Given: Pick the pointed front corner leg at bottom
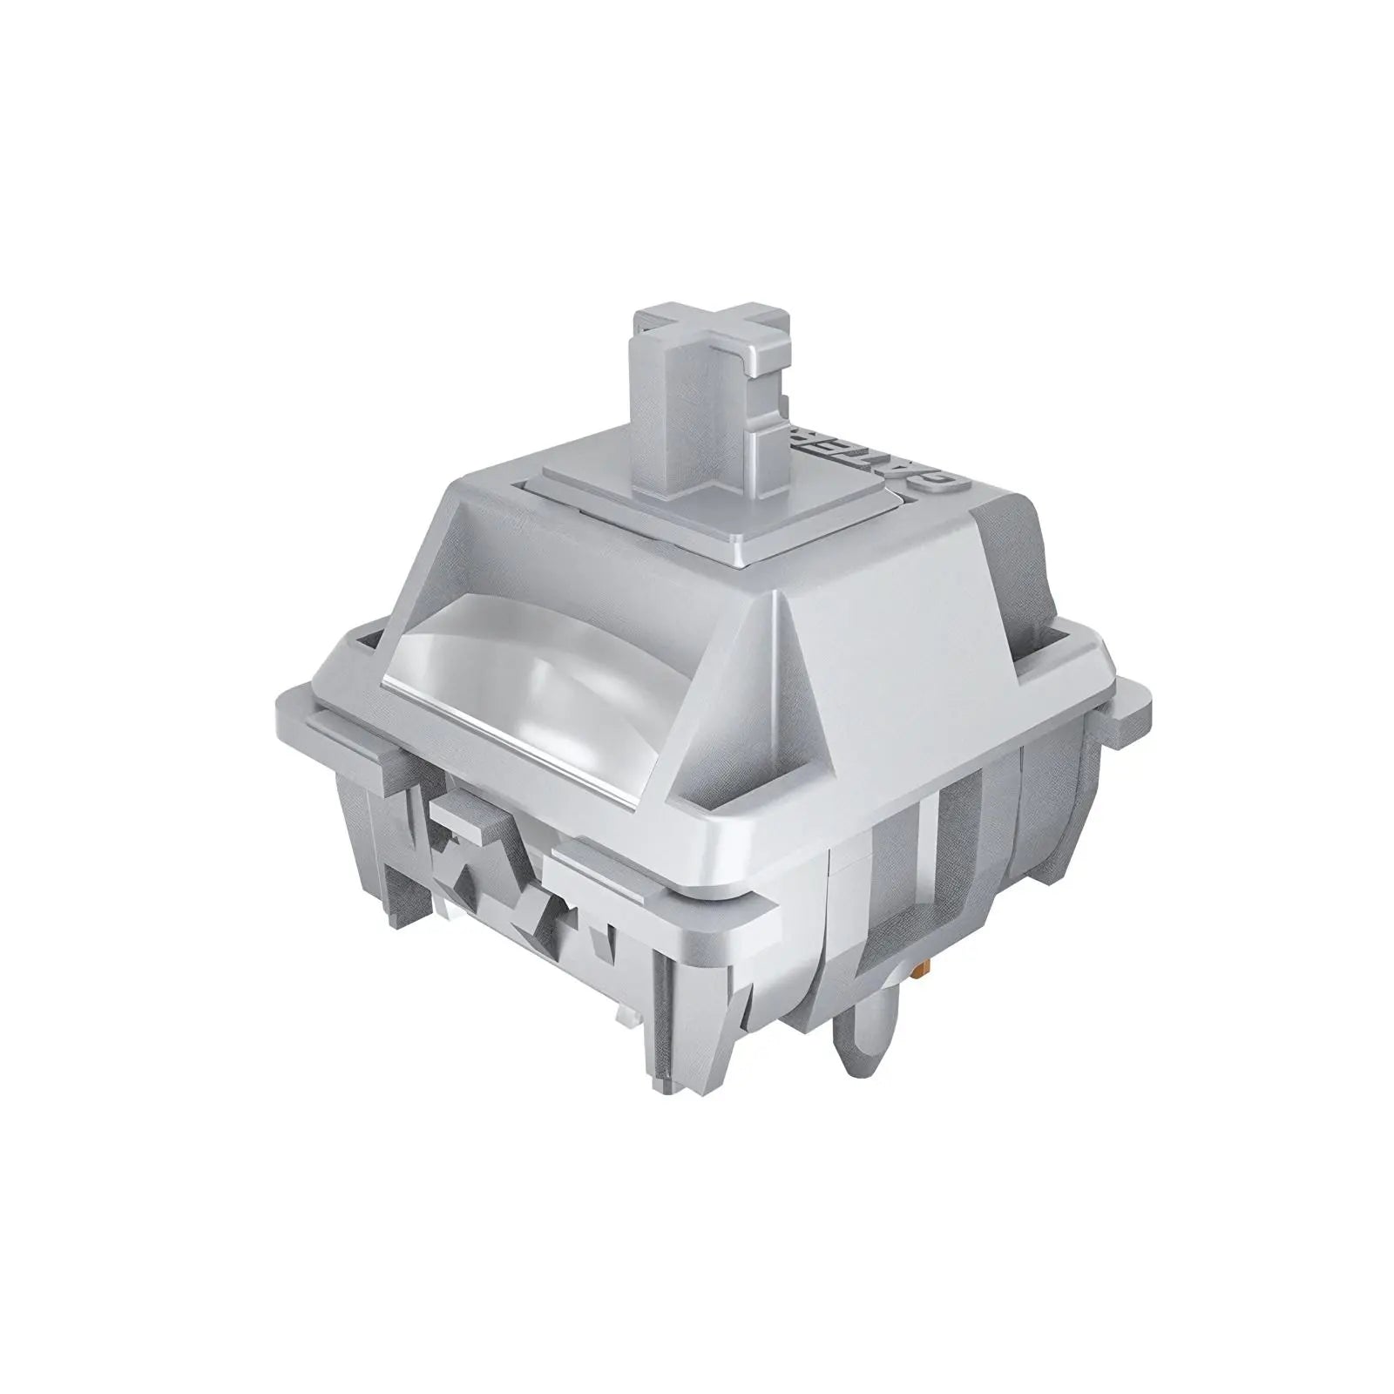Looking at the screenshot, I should pyautogui.click(x=662, y=1045).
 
